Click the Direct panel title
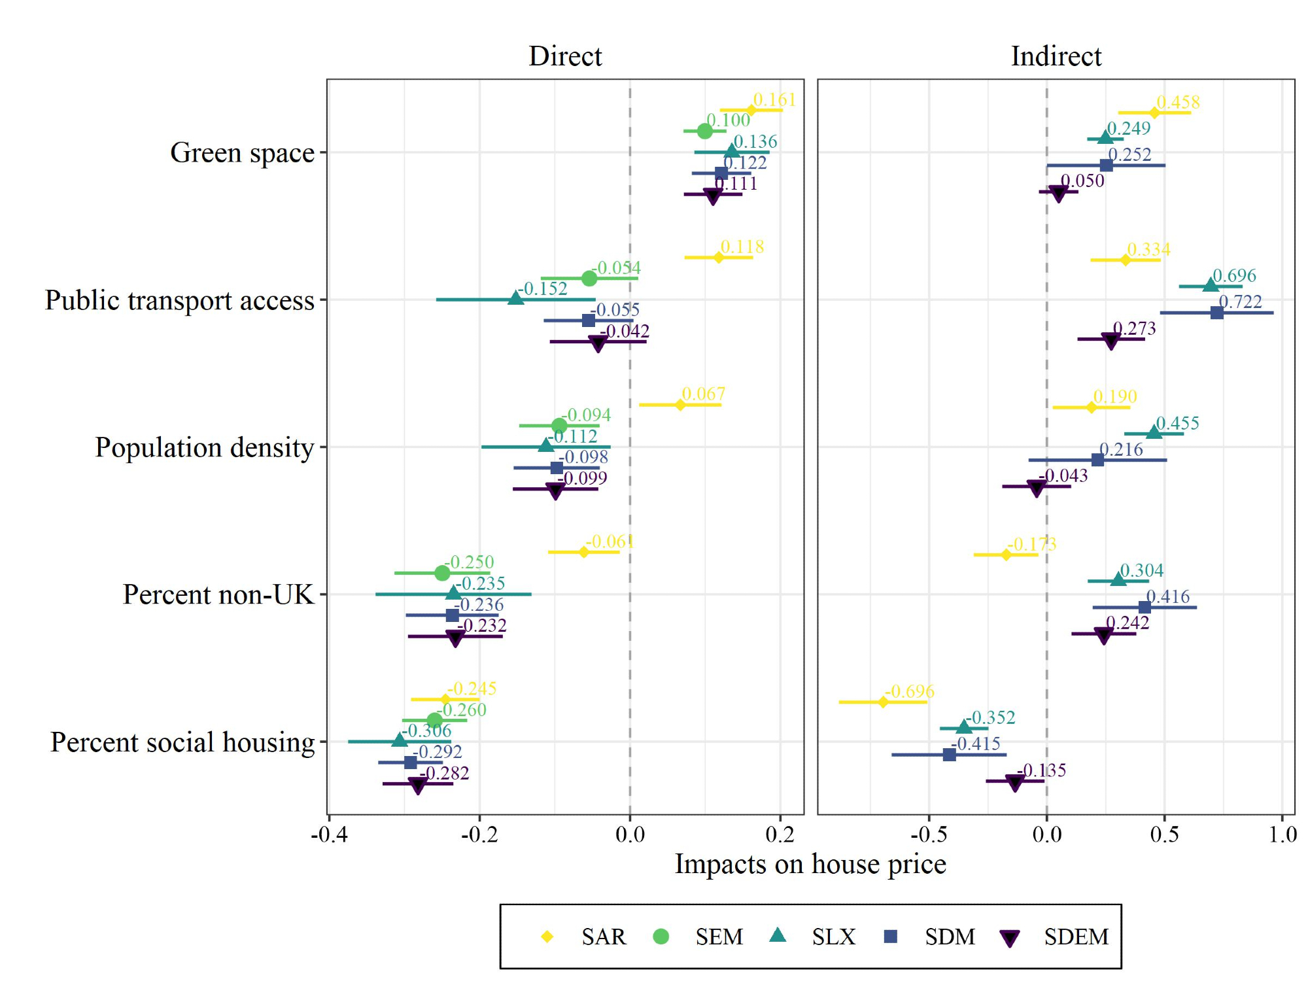click(x=565, y=56)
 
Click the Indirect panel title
click(x=1056, y=56)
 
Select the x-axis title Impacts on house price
click(x=810, y=864)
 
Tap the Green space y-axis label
click(x=242, y=153)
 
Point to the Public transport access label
click(x=180, y=301)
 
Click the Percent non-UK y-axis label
click(x=218, y=595)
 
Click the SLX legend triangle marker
click(x=778, y=935)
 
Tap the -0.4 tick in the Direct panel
click(x=329, y=835)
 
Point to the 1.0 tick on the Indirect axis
click(x=1282, y=835)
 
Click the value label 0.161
click(x=774, y=100)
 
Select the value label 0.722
click(x=1240, y=301)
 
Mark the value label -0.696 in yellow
click(x=910, y=691)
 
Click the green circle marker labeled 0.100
click(x=704, y=131)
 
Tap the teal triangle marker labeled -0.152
click(x=515, y=298)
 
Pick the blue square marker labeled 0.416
click(x=1144, y=608)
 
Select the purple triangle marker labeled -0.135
click(x=1014, y=782)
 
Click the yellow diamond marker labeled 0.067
click(x=680, y=405)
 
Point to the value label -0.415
click(x=976, y=744)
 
